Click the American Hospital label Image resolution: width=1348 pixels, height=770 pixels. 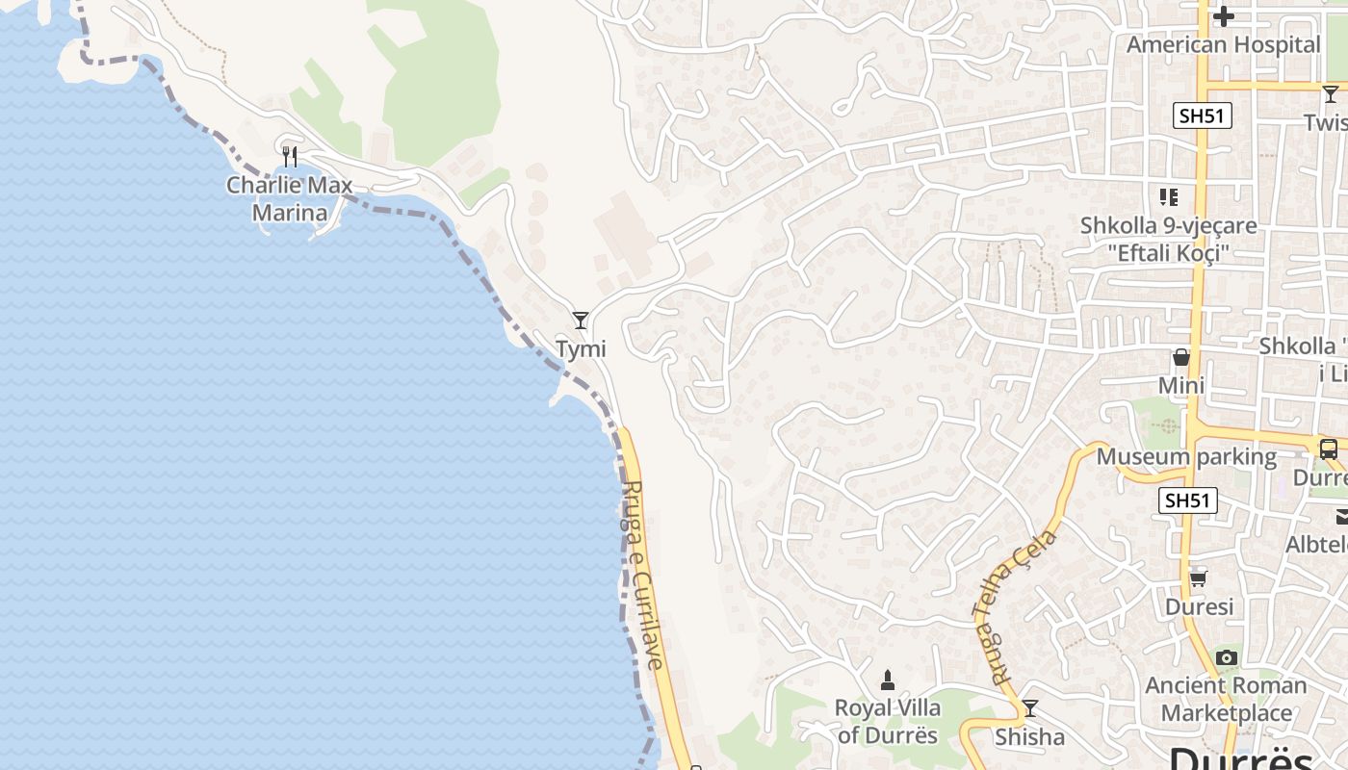pos(1224,44)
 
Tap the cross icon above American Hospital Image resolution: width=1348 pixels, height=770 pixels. pos(1224,15)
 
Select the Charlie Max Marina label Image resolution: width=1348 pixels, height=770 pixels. pos(289,198)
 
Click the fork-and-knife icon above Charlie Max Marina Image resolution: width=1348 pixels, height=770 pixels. pos(290,156)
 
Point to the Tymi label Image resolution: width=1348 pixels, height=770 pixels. pos(581,348)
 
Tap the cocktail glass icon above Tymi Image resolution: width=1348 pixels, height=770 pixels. pos(581,320)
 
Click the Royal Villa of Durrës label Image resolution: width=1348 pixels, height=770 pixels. pos(888,721)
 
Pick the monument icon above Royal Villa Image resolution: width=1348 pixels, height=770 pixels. pos(888,680)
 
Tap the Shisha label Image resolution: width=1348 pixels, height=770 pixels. pos(1029,737)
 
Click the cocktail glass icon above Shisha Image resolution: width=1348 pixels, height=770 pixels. pos(1030,708)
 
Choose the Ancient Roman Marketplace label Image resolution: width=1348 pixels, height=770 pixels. pos(1226,700)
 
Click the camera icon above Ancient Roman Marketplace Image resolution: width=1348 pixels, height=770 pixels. pos(1226,657)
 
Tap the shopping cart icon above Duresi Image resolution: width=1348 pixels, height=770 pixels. pos(1199,578)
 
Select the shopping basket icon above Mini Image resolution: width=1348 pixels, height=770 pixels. pos(1181,357)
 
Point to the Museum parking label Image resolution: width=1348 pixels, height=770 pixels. pos(1186,456)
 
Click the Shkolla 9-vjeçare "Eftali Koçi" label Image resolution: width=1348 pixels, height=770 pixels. pos(1168,239)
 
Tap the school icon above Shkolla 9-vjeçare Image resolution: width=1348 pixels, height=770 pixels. pos(1169,197)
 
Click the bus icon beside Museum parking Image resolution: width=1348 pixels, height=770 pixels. pos(1329,449)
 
